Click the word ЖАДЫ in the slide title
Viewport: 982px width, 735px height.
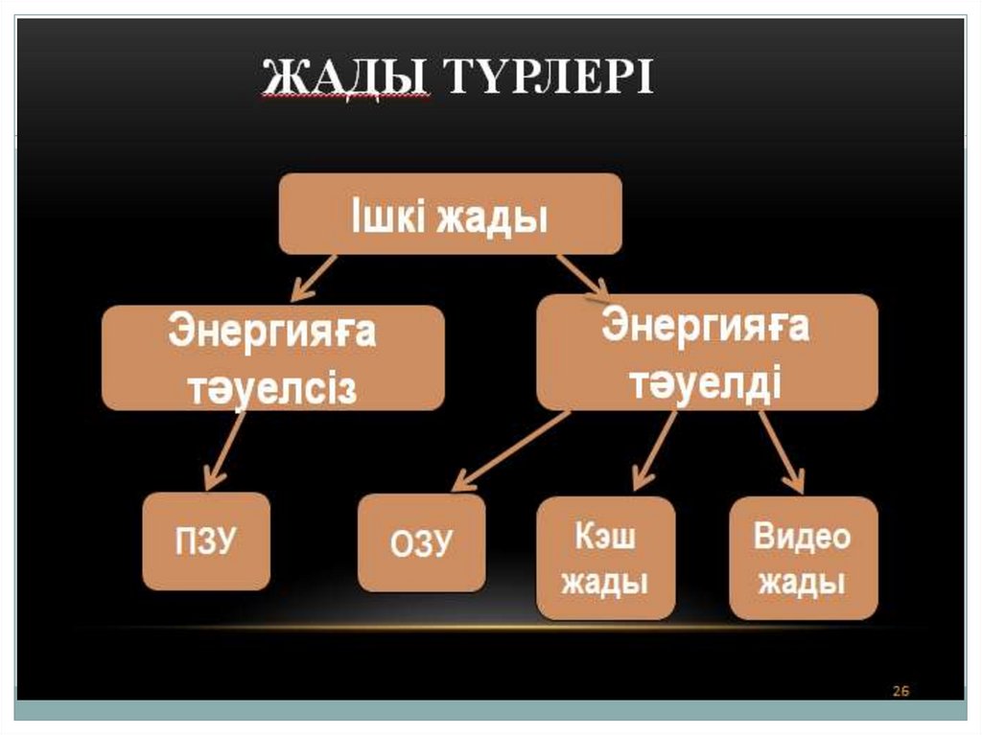click(344, 77)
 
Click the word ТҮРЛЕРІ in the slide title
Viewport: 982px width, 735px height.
click(543, 77)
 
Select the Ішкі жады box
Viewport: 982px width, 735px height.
click(450, 215)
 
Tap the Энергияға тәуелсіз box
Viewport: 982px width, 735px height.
click(273, 357)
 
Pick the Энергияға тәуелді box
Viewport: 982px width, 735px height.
click(707, 352)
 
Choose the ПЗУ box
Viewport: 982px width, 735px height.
click(206, 541)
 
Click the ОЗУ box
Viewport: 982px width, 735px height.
click(421, 542)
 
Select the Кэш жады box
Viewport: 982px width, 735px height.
click(605, 558)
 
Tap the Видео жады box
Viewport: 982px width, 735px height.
click(803, 558)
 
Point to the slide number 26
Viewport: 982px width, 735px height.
click(900, 690)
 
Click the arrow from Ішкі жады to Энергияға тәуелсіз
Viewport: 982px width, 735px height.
click(315, 278)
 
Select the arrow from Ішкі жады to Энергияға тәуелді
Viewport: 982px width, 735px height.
click(582, 276)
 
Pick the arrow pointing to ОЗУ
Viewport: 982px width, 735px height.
click(510, 450)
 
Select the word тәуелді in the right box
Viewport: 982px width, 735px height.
click(707, 382)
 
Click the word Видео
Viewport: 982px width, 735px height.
click(803, 536)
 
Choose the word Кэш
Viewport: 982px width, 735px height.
click(605, 536)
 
